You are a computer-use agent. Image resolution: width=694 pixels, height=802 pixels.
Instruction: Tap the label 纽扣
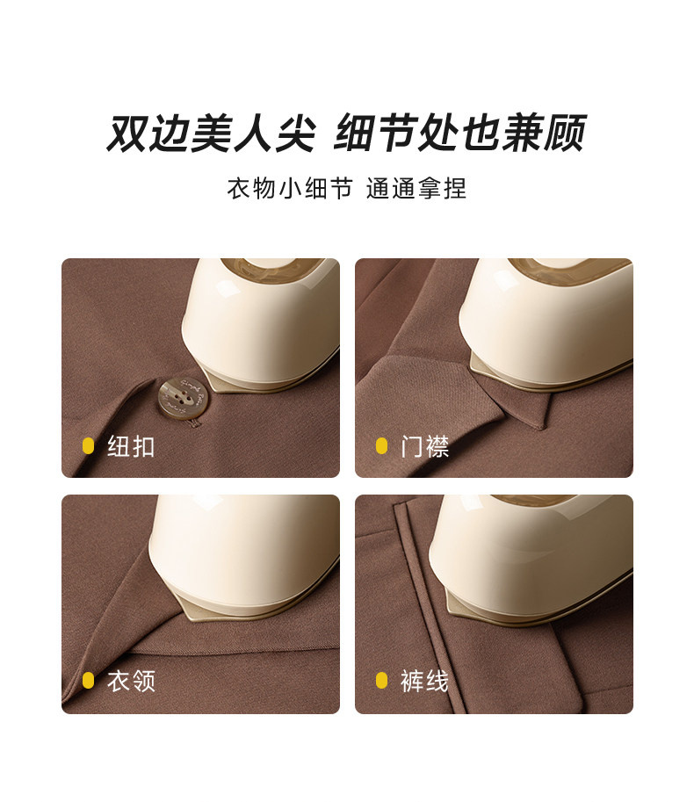tap(131, 446)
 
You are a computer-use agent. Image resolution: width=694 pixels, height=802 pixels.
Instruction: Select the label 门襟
tap(424, 446)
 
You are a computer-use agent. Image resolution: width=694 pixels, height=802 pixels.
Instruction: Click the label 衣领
tap(131, 681)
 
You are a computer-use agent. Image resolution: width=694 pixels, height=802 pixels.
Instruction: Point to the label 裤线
tap(424, 681)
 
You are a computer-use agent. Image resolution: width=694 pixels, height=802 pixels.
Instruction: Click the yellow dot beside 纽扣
tap(88, 446)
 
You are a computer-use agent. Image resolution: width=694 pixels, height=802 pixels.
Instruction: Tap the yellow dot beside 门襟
tap(381, 446)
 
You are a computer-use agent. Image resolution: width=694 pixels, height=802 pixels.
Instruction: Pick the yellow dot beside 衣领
tap(88, 681)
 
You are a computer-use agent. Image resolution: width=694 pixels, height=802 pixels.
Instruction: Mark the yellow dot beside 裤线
tap(381, 681)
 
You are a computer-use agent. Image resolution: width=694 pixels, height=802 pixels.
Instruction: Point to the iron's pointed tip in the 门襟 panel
tap(471, 359)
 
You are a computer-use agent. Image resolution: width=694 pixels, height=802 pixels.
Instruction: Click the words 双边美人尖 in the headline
tap(210, 133)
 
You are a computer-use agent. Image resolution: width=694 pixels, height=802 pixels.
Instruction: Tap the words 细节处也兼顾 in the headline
tap(459, 133)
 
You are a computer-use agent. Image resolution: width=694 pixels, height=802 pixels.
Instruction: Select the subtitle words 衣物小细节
tap(290, 188)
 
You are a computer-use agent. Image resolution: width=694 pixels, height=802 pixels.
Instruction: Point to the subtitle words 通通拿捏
tap(416, 188)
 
